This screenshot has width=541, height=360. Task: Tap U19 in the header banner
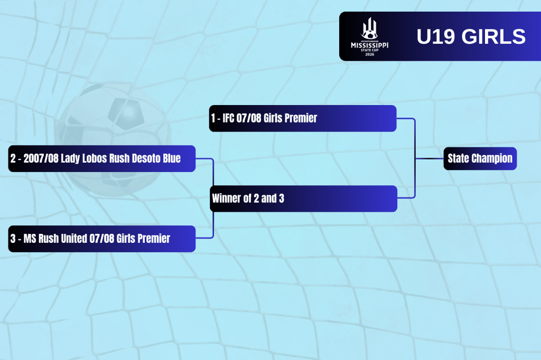click(436, 36)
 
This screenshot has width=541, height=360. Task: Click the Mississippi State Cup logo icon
click(369, 29)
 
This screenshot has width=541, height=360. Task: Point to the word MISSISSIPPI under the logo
click(369, 45)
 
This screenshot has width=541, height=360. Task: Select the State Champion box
click(480, 158)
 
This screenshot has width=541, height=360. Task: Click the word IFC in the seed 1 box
click(228, 118)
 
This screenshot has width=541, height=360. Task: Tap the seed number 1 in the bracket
click(213, 118)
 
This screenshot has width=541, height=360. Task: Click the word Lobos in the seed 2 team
click(95, 158)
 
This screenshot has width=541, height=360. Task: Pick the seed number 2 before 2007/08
click(13, 158)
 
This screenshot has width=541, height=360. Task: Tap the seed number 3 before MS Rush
click(13, 239)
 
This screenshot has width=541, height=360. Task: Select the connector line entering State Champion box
click(429, 158)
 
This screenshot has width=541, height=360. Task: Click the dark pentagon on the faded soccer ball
click(126, 113)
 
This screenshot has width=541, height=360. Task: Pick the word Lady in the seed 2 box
click(70, 158)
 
